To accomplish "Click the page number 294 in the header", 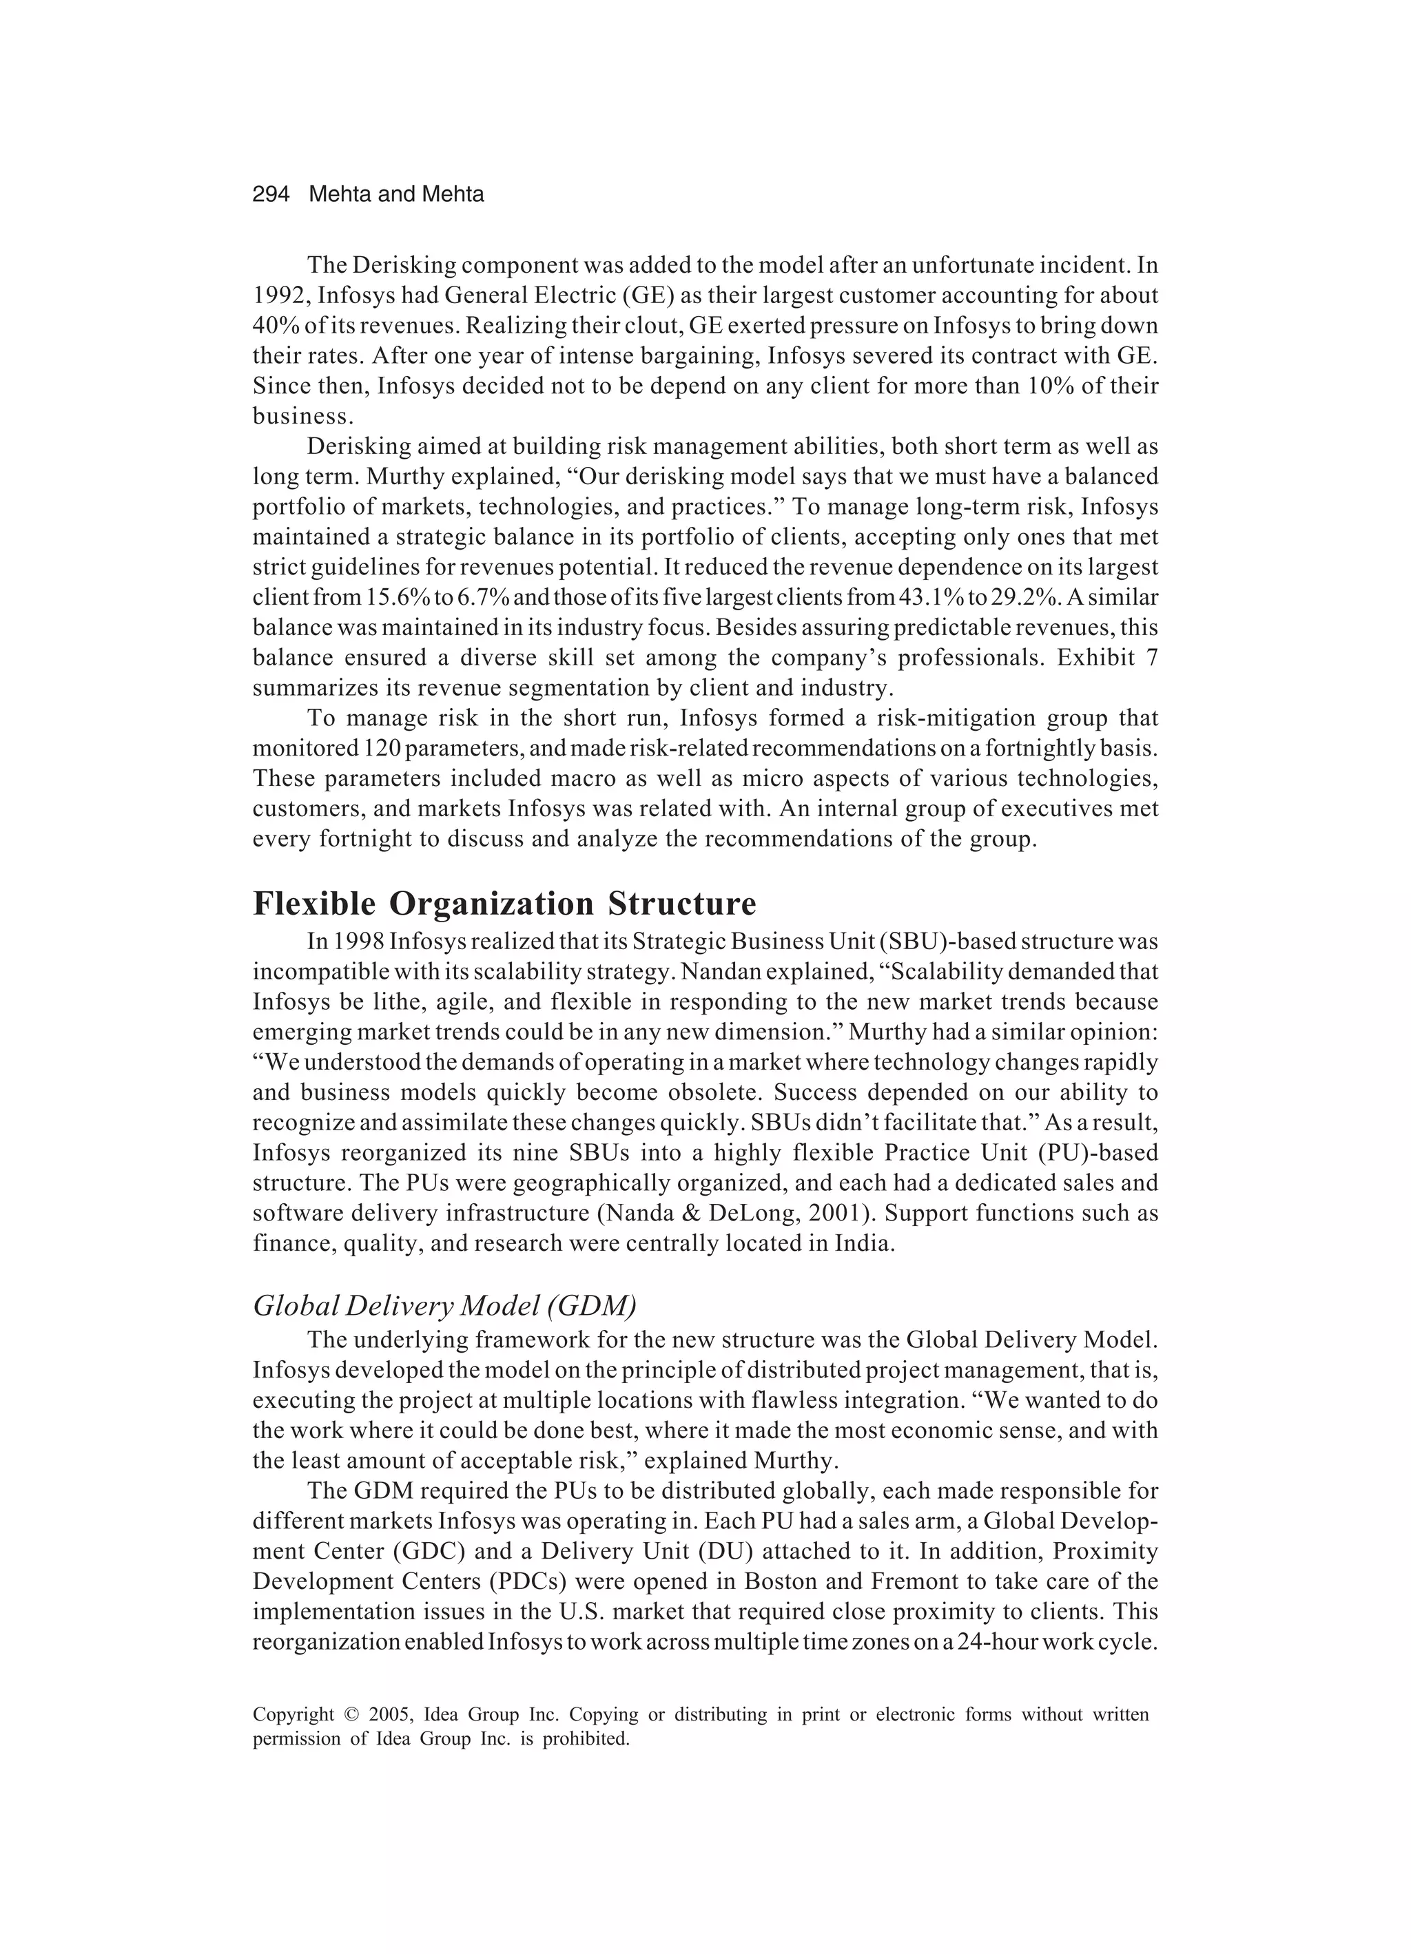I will (x=271, y=195).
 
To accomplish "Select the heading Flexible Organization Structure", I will (x=504, y=904).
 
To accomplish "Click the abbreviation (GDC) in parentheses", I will (x=430, y=1552).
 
